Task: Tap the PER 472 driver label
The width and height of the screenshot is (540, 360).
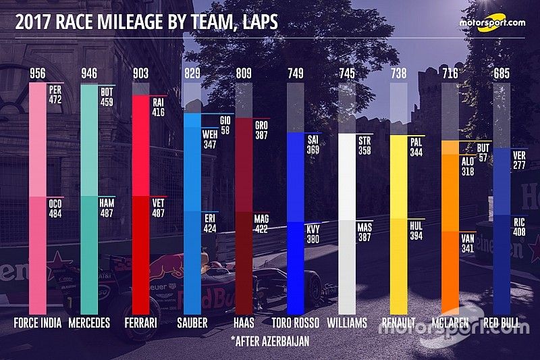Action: click(x=56, y=93)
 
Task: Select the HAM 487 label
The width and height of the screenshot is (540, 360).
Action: click(x=107, y=208)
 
